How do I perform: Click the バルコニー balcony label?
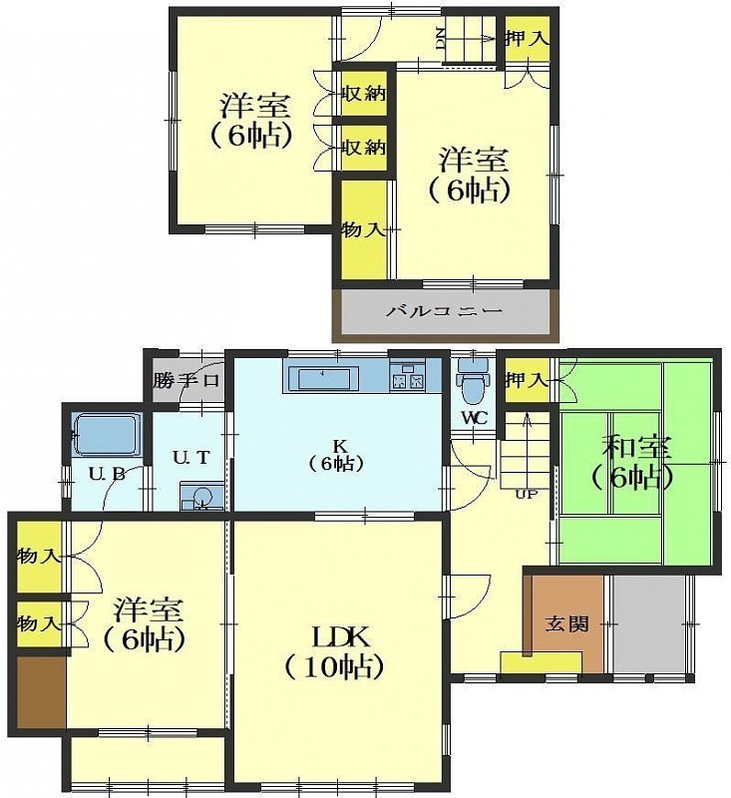(x=444, y=310)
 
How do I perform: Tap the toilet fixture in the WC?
(x=473, y=382)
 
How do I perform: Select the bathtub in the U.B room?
(x=107, y=435)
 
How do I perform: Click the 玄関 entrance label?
(x=566, y=624)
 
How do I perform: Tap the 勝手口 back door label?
(x=186, y=381)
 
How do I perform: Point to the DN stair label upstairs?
(x=441, y=39)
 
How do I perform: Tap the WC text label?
(x=475, y=418)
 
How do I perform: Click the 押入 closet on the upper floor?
(x=527, y=39)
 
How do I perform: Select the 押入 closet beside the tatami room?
(x=527, y=380)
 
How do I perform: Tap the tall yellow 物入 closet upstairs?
(x=363, y=230)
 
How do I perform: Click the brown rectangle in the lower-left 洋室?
(x=42, y=692)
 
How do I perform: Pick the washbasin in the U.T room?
(x=202, y=496)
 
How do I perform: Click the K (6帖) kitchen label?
(x=338, y=455)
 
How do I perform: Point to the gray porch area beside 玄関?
(x=649, y=624)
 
